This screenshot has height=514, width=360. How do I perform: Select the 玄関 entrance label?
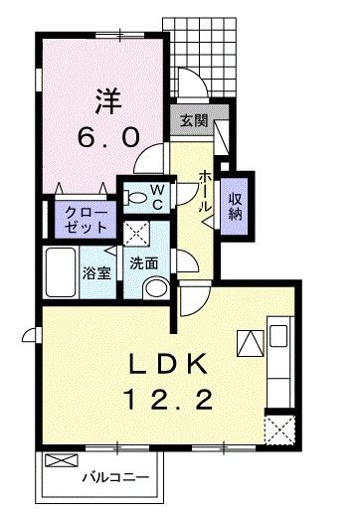[x=193, y=121]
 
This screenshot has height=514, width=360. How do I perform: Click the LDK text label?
[x=168, y=363]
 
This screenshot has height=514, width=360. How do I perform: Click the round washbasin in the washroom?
[x=156, y=289]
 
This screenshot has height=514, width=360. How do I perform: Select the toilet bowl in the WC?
[x=134, y=198]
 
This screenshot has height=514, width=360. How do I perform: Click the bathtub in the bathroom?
[x=62, y=271]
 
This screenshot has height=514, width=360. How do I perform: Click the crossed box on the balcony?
[x=62, y=463]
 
